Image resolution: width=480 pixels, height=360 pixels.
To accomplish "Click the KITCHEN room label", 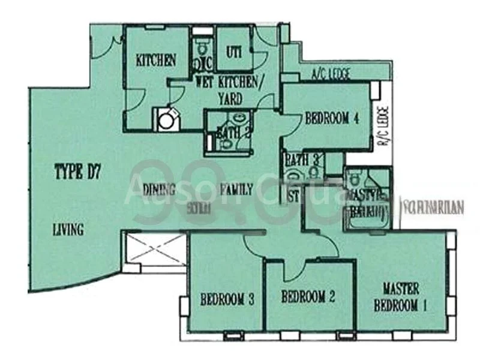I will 156,60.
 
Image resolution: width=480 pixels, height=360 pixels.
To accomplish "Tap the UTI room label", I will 233,52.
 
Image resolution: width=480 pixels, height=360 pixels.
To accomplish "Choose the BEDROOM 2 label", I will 307,296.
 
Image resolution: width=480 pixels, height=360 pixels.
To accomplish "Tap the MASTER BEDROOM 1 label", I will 401,296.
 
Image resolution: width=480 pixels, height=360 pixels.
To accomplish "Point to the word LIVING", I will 67,229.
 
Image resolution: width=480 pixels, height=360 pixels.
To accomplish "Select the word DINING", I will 159,190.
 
